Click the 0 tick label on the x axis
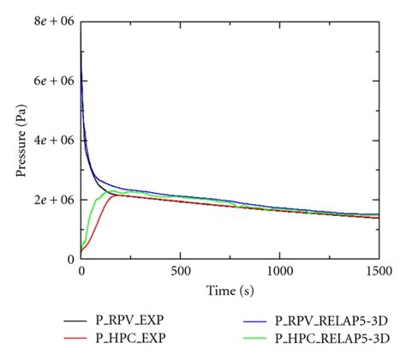[x=81, y=272]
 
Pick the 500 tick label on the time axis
[x=180, y=272]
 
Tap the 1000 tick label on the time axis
[x=279, y=272]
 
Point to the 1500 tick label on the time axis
[x=378, y=272]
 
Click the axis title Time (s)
[x=230, y=291]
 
